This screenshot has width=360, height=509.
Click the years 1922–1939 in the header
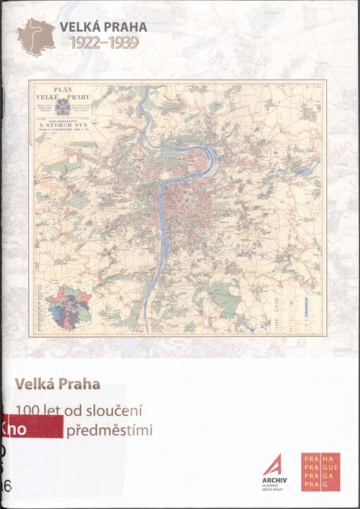[103, 42]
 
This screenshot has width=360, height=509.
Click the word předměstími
[109, 429]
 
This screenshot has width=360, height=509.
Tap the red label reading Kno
[14, 429]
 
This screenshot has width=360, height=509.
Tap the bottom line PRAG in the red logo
[316, 486]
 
